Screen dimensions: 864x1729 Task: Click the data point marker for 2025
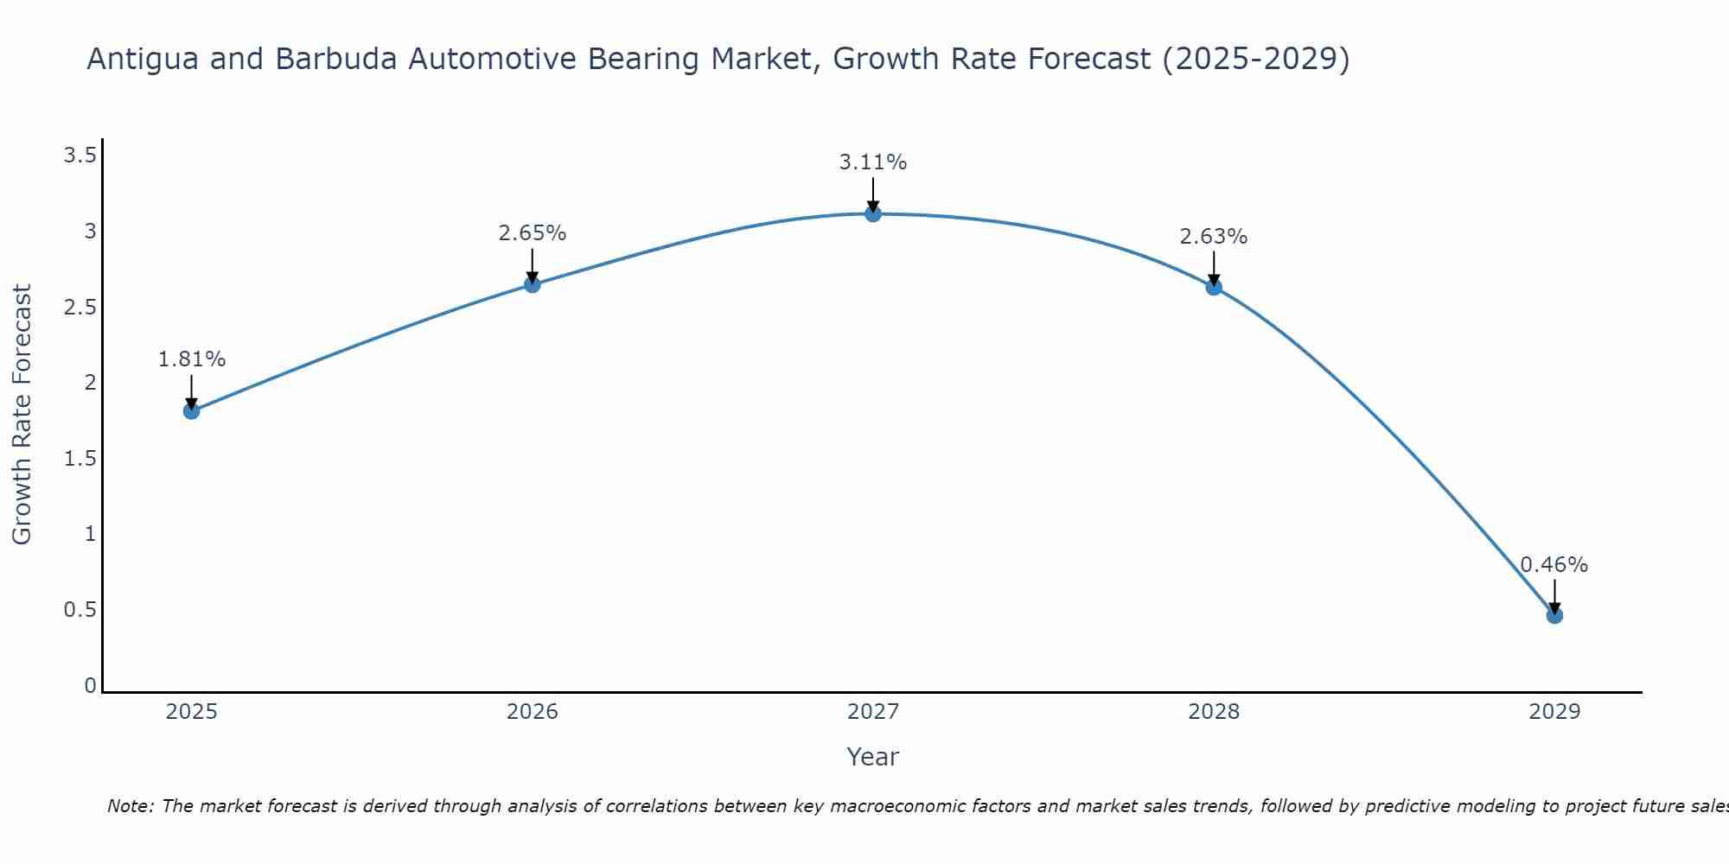click(x=192, y=411)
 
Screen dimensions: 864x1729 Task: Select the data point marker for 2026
click(x=533, y=284)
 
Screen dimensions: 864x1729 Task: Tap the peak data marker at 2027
click(x=873, y=213)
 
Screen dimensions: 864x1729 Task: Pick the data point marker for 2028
click(x=1214, y=287)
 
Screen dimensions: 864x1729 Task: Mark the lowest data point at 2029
click(x=1554, y=615)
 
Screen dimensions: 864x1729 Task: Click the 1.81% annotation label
click(x=192, y=359)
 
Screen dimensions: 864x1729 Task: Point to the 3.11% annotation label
click(x=873, y=162)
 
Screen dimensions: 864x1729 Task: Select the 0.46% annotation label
click(x=1554, y=565)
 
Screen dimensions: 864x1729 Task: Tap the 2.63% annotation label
click(x=1214, y=237)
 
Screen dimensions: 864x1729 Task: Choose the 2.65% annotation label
click(x=533, y=233)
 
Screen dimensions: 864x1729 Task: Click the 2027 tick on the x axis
click(x=873, y=712)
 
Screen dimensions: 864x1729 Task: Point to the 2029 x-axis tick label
click(x=1554, y=712)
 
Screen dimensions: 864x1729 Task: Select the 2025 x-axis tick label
click(x=192, y=712)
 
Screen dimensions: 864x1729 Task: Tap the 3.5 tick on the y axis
click(x=80, y=156)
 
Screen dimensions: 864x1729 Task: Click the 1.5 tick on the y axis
click(x=80, y=459)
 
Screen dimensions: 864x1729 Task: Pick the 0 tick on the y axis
click(x=90, y=686)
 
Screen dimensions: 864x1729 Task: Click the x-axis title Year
click(x=873, y=757)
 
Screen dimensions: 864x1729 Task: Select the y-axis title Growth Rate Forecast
click(x=22, y=415)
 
